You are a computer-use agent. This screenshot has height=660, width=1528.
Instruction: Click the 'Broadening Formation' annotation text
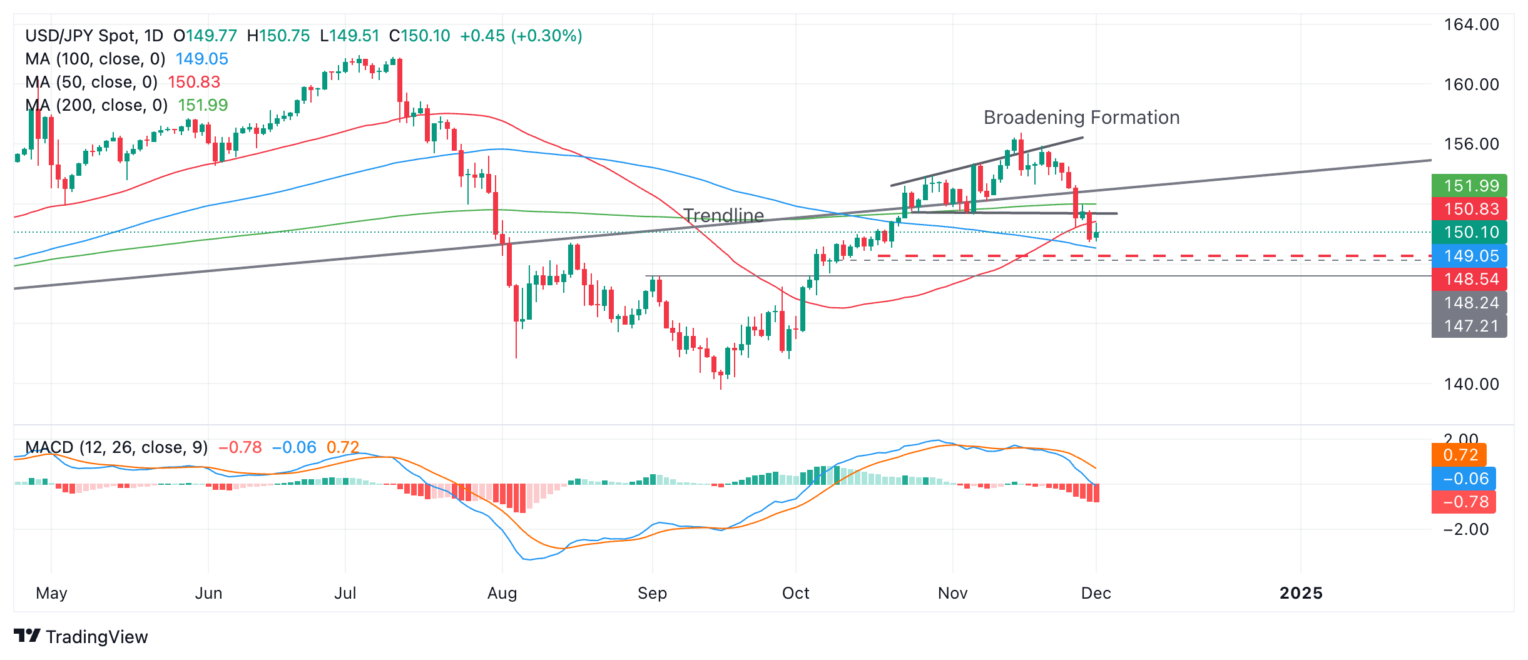[x=1081, y=118]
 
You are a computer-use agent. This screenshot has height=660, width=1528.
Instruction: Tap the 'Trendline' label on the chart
[x=723, y=216]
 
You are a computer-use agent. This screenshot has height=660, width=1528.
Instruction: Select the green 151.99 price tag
[x=1469, y=186]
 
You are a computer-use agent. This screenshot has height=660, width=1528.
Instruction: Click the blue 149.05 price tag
[x=1469, y=256]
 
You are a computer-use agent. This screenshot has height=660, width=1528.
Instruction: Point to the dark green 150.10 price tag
[x=1469, y=232]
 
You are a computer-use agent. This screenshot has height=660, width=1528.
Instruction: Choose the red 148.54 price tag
[x=1469, y=279]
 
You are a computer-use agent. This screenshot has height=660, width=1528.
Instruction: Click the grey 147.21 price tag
[x=1469, y=326]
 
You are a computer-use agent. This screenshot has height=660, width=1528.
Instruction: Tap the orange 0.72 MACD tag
[x=1459, y=455]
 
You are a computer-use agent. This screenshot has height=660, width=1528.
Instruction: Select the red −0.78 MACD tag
[x=1464, y=502]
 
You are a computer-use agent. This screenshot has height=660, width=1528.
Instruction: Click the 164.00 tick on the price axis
[x=1471, y=25]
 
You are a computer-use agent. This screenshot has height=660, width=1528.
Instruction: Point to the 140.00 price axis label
[x=1471, y=384]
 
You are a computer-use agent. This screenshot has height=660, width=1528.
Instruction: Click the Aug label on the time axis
[x=502, y=593]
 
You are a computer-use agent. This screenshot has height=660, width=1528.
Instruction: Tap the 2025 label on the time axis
[x=1301, y=593]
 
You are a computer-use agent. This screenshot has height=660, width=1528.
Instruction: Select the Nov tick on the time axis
[x=952, y=593]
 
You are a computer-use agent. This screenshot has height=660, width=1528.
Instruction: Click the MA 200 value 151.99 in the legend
[x=203, y=105]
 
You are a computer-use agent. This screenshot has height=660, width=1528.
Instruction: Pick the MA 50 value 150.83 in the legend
[x=194, y=82]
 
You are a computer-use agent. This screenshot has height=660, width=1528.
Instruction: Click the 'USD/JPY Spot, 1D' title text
[x=94, y=36]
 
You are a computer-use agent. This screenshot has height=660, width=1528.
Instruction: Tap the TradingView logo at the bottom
[x=81, y=637]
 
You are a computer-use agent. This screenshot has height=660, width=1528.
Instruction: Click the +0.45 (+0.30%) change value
[x=521, y=36]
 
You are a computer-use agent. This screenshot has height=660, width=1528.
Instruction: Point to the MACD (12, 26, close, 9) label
[x=116, y=447]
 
